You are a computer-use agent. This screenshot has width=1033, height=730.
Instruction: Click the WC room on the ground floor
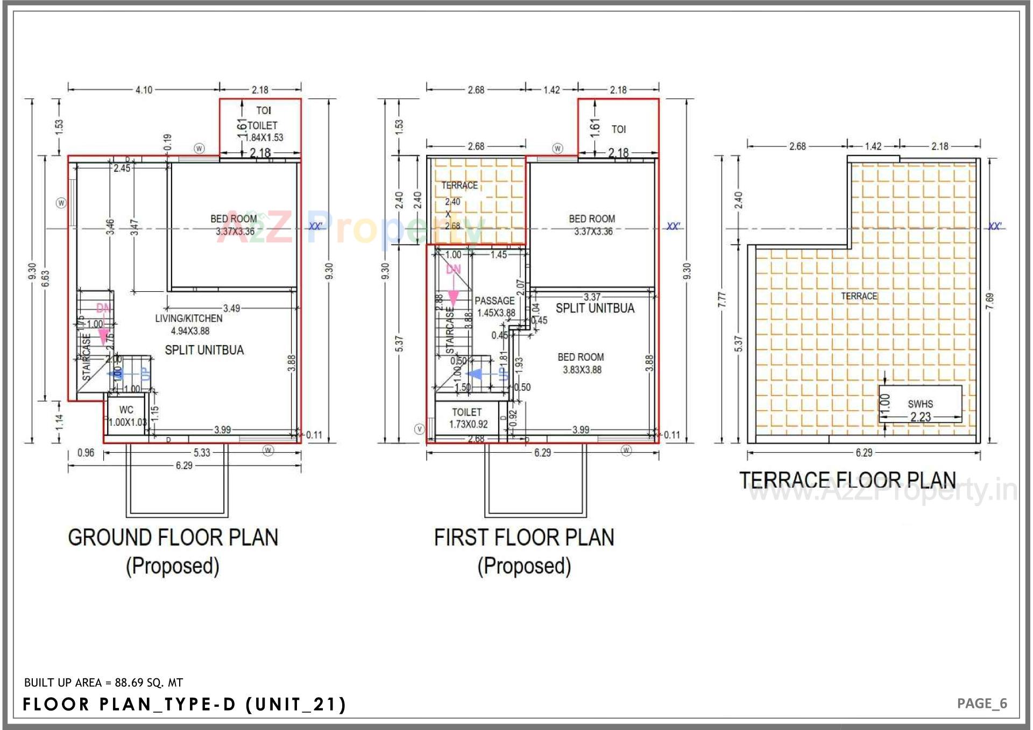[126, 416]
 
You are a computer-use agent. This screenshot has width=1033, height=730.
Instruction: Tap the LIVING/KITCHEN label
[189, 319]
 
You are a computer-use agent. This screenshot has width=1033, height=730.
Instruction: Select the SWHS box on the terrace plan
[920, 404]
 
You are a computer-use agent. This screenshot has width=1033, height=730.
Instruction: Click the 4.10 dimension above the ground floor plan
[144, 90]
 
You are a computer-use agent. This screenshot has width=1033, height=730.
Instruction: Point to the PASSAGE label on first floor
[494, 301]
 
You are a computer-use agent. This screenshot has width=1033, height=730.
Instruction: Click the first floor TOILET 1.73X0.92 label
[468, 418]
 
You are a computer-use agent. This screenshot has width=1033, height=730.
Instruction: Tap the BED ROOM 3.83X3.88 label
[581, 363]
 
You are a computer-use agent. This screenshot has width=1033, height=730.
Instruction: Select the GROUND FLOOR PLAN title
[173, 537]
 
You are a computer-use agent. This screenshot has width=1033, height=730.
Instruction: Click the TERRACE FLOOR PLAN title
[847, 480]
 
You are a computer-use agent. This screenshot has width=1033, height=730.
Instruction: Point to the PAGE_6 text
[981, 704]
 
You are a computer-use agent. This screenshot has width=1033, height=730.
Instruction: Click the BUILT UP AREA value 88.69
[129, 683]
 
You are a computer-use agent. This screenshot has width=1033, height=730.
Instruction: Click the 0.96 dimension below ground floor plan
[86, 453]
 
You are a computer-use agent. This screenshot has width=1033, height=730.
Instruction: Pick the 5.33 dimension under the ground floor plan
[202, 453]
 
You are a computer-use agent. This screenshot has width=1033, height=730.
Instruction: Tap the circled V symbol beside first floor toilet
[420, 429]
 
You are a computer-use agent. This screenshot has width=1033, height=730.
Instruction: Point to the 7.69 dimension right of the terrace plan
[989, 301]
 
